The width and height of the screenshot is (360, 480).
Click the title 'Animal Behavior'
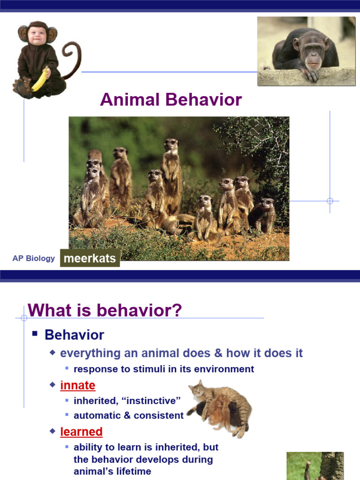pos(171,99)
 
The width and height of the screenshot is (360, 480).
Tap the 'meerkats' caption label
pos(90,258)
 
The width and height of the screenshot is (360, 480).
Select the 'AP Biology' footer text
pos(34,258)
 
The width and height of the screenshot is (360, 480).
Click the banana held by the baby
pos(39,79)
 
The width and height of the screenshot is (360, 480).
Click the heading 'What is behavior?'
pos(105,310)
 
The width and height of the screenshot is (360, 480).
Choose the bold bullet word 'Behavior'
pos(74,335)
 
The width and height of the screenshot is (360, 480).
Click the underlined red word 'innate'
pos(78,386)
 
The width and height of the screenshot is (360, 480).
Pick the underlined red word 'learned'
pos(81,431)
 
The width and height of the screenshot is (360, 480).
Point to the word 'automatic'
pos(97,416)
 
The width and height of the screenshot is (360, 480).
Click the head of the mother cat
pos(197,390)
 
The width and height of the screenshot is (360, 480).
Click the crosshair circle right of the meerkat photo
pos(330,201)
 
